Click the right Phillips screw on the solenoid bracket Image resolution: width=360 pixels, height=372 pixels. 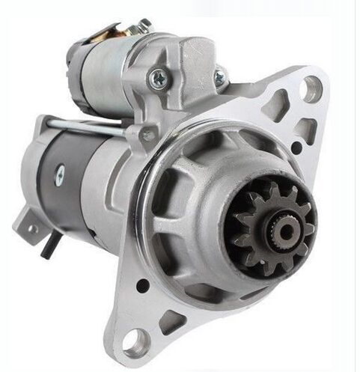[x=219, y=76]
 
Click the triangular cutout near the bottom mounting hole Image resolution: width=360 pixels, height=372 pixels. [x=171, y=321]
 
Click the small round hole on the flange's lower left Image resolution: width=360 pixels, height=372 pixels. [x=142, y=284]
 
